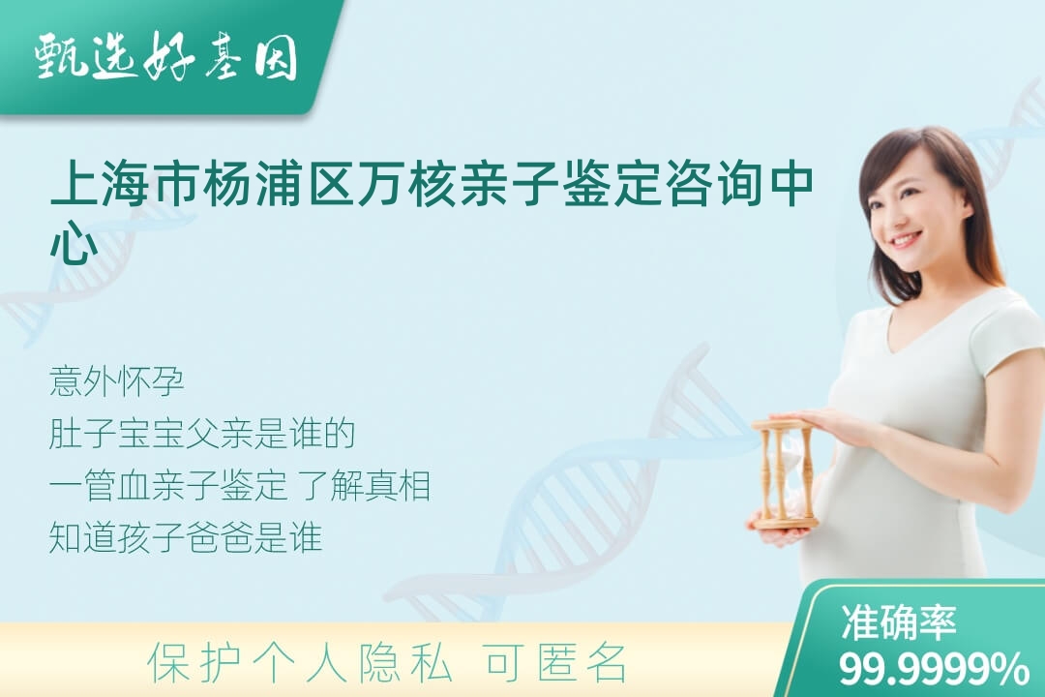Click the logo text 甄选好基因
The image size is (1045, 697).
166,56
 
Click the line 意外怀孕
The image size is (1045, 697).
117,381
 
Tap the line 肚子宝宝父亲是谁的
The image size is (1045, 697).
202,434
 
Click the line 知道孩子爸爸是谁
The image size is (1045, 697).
186,537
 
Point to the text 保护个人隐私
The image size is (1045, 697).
299,663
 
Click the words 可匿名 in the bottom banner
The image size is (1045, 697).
556,663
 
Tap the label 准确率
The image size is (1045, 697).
899,621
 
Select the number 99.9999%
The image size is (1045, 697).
934,668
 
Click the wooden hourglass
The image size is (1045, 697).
785,475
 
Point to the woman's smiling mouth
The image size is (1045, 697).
905,238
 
